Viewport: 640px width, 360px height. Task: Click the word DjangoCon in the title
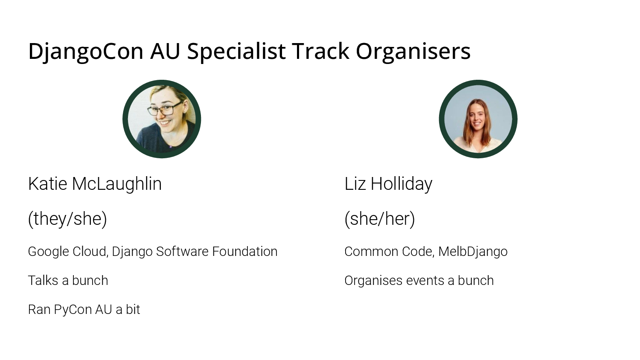tap(86, 52)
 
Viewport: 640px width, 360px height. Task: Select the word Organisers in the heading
tap(413, 52)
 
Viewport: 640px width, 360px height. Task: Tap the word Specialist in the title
tap(236, 52)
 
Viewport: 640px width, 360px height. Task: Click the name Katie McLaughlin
tap(95, 184)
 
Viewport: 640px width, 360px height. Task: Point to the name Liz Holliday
tap(388, 184)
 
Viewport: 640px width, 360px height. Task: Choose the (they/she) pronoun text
tap(67, 219)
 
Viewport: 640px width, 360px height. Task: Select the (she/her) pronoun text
tap(380, 219)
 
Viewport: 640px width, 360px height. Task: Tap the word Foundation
tap(245, 251)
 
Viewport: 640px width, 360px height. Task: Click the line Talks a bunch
tap(68, 280)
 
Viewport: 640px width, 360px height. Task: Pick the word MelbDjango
tap(473, 252)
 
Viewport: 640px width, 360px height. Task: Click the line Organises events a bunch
tap(419, 281)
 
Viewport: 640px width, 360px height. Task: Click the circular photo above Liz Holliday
tap(478, 119)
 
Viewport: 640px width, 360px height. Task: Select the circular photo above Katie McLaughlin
tap(162, 119)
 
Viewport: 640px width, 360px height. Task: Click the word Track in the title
tap(320, 52)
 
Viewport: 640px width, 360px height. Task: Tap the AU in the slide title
tap(165, 52)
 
